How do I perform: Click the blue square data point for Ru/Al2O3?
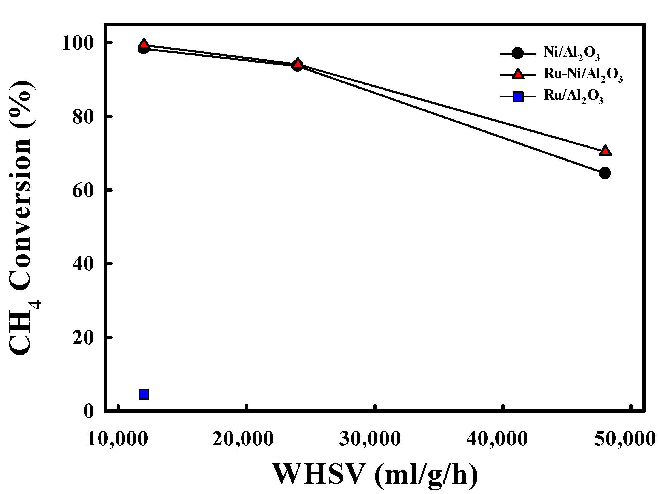coord(144,394)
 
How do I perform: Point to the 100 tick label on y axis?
coord(78,43)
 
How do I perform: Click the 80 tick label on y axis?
coord(83,117)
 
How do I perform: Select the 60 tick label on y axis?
coord(83,190)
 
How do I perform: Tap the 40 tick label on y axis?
coord(83,264)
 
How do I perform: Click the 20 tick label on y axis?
coord(83,338)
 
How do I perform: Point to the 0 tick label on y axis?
coord(88,411)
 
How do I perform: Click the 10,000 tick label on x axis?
coord(118,439)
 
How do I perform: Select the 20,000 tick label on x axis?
coord(243,439)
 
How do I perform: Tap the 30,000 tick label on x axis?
coord(370,439)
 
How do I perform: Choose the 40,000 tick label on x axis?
coord(497,439)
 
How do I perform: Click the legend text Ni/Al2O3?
coord(571,53)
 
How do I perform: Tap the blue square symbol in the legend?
coord(518,96)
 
